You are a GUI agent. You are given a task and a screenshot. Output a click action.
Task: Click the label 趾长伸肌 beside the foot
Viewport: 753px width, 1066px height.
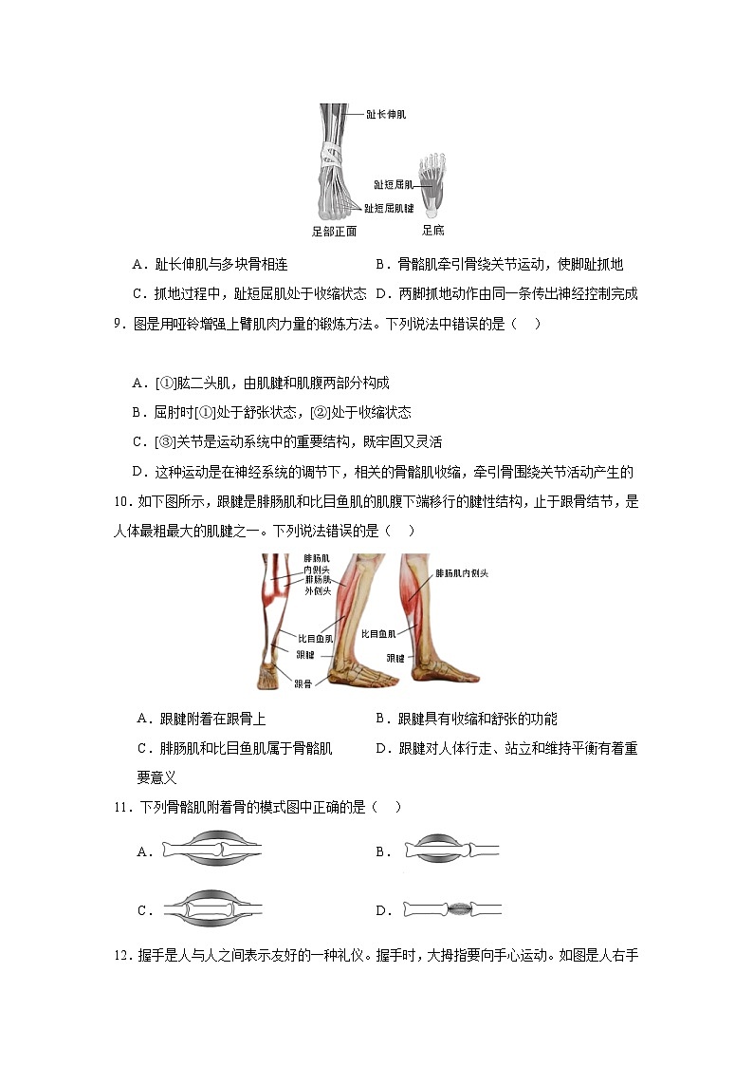click(387, 114)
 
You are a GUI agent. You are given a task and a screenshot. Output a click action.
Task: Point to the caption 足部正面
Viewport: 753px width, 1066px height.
click(334, 231)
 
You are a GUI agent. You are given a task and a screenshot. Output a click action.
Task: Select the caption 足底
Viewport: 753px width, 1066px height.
click(432, 230)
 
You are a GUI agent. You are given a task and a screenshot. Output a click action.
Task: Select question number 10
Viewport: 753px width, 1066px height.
click(122, 502)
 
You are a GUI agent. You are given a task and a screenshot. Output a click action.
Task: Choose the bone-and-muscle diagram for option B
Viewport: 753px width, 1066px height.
click(450, 851)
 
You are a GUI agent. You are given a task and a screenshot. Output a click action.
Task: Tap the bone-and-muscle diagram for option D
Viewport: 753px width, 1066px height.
click(451, 909)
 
